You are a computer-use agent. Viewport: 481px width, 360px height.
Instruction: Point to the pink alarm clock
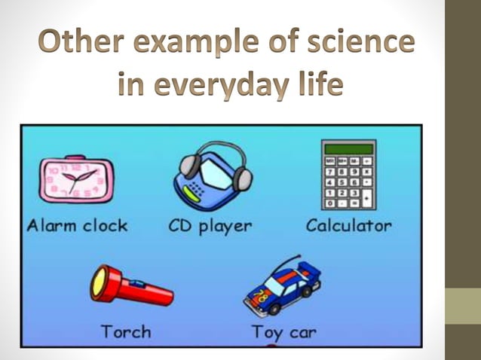(x=75, y=178)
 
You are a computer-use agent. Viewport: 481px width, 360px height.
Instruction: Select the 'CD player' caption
(x=209, y=225)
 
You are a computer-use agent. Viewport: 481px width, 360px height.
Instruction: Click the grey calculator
(x=348, y=174)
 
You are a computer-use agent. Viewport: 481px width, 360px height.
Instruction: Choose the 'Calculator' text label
(x=348, y=224)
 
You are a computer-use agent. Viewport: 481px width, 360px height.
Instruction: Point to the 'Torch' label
(x=126, y=331)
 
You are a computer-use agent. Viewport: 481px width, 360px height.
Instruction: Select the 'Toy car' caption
(x=283, y=331)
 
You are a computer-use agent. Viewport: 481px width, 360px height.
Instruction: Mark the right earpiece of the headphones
(x=243, y=178)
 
